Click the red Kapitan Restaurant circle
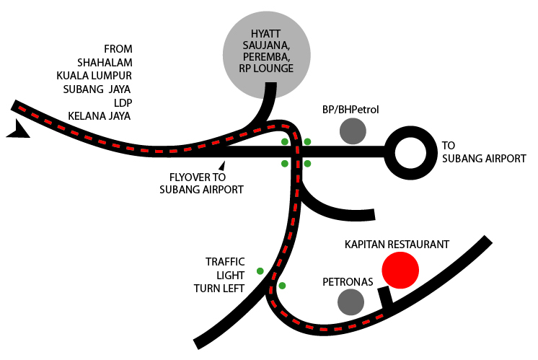(x=400, y=271)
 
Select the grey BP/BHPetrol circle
(x=353, y=131)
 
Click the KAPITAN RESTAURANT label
(x=397, y=245)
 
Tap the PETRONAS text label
(x=348, y=281)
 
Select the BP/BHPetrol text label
(x=350, y=110)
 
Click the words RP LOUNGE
(x=266, y=69)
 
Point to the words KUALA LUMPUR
(x=95, y=75)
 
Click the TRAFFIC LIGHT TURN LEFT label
(x=219, y=275)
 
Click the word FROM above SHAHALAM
(x=119, y=48)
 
